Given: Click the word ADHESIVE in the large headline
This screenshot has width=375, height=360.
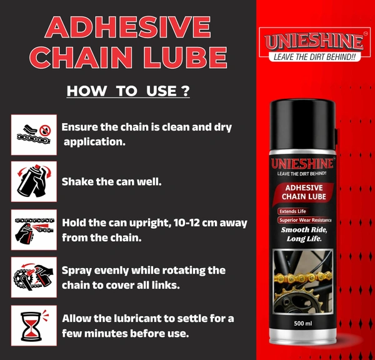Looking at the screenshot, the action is tap(127, 27).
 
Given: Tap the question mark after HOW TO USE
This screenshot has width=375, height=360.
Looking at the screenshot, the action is tap(186, 91).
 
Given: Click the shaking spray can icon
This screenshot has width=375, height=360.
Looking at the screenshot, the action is tap(34, 181).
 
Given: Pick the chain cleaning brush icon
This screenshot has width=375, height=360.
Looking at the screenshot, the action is tap(34, 134).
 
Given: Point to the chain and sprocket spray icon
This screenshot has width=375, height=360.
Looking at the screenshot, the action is tap(34, 277).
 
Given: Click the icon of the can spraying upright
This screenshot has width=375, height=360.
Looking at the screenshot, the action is tap(34, 230).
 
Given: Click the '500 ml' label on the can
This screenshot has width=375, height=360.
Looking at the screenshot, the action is tap(303, 323).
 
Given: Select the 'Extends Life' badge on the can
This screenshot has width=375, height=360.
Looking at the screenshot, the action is tap(292, 211).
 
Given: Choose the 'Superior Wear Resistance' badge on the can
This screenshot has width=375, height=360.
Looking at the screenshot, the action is tap(305, 220).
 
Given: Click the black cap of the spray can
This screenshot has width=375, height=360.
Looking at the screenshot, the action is tap(302, 125).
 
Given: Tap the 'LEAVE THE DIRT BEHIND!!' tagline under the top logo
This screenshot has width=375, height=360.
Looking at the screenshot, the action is tap(314, 57).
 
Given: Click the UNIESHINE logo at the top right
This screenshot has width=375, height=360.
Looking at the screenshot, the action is tap(314, 41).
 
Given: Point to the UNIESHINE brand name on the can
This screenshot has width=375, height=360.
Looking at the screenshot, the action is tap(302, 164).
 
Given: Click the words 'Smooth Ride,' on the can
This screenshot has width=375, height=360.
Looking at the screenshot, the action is tap(304, 229).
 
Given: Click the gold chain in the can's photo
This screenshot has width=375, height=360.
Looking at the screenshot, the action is tap(303, 277).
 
